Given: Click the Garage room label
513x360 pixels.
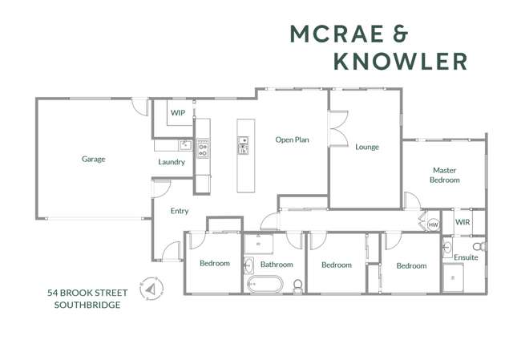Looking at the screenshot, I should point(93,159).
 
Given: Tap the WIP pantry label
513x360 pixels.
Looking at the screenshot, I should point(178,113).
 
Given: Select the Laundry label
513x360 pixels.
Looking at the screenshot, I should point(172,162).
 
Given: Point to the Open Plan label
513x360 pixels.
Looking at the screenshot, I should point(293,140).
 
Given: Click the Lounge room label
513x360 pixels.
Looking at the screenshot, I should point(367,148).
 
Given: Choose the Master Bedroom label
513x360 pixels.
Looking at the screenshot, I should point(445,175).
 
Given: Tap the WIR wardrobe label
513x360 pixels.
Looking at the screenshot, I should point(463,221).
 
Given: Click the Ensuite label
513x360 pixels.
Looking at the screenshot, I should point(467,257).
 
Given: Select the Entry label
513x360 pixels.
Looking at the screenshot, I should point(180,212).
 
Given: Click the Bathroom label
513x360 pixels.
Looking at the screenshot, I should point(277,265).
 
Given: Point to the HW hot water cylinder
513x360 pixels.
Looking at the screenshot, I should point(434,224).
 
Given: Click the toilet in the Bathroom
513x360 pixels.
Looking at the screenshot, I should point(297,285).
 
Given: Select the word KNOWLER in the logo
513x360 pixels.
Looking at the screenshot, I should point(399,61).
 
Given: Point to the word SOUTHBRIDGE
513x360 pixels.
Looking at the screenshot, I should point(88,305).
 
